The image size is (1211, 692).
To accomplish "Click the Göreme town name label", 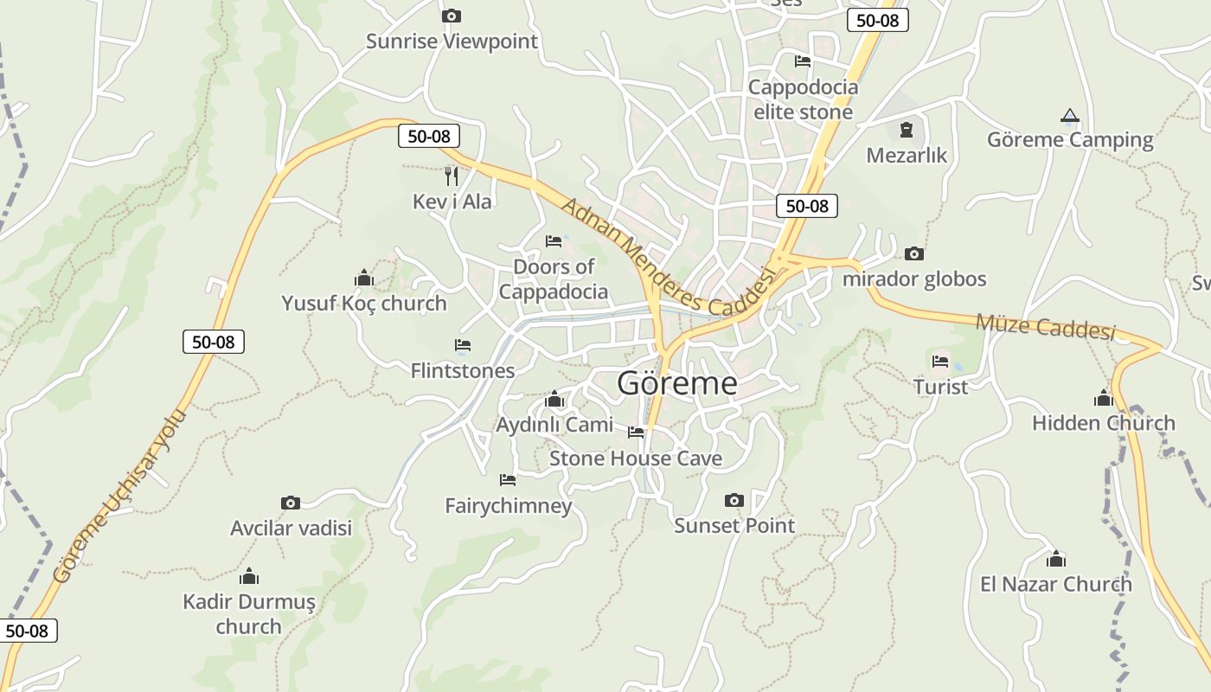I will [x=676, y=383].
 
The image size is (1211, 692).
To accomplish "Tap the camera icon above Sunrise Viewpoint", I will [x=451, y=16].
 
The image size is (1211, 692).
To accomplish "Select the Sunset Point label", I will [x=734, y=525].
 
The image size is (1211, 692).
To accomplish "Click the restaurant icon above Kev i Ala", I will [x=451, y=176].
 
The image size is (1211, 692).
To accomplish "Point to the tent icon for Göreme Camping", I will [x=1070, y=116].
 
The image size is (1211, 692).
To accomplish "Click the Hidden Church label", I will [x=1103, y=423].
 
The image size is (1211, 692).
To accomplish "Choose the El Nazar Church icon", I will [x=1055, y=559].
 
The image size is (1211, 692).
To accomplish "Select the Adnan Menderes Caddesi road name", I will [x=666, y=258].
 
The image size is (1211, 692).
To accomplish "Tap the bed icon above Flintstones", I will [x=463, y=345].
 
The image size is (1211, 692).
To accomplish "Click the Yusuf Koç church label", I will [x=363, y=304].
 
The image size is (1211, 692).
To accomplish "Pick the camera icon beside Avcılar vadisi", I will [x=291, y=503].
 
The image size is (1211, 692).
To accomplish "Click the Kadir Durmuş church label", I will [x=249, y=613].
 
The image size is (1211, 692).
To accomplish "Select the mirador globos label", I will [x=913, y=279].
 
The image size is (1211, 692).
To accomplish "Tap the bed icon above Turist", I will [x=940, y=361].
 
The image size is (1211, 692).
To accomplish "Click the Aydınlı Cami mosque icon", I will [x=554, y=400].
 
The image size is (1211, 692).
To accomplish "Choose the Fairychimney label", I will [x=508, y=505].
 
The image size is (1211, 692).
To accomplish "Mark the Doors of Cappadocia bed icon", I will [x=554, y=241].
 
